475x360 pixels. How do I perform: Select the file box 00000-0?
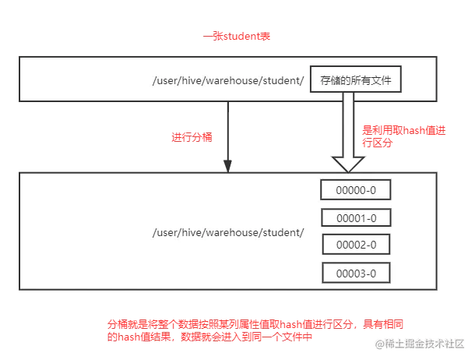(x=355, y=190)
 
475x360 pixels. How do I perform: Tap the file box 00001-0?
(x=355, y=218)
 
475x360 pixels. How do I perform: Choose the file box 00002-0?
(x=355, y=245)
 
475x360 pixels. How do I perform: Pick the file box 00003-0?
(x=355, y=273)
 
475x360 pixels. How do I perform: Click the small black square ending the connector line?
(x=227, y=163)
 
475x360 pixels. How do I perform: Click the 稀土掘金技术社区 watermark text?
(x=424, y=344)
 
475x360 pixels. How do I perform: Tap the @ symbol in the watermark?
(x=378, y=344)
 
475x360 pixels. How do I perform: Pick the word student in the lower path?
(x=283, y=233)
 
